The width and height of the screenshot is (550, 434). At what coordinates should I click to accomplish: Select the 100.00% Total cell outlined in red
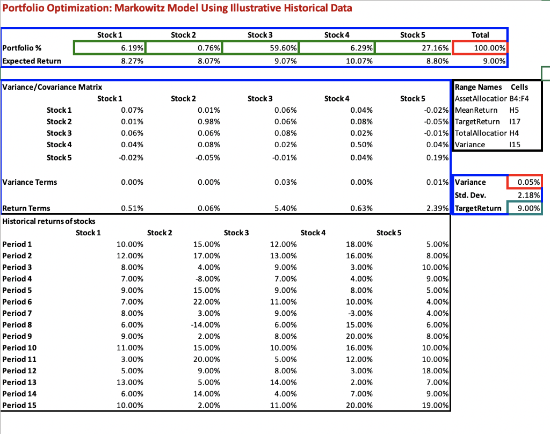[x=480, y=48]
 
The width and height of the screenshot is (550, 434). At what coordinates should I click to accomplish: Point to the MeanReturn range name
[x=476, y=110]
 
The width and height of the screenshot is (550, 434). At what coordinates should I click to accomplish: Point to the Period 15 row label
[x=19, y=405]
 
